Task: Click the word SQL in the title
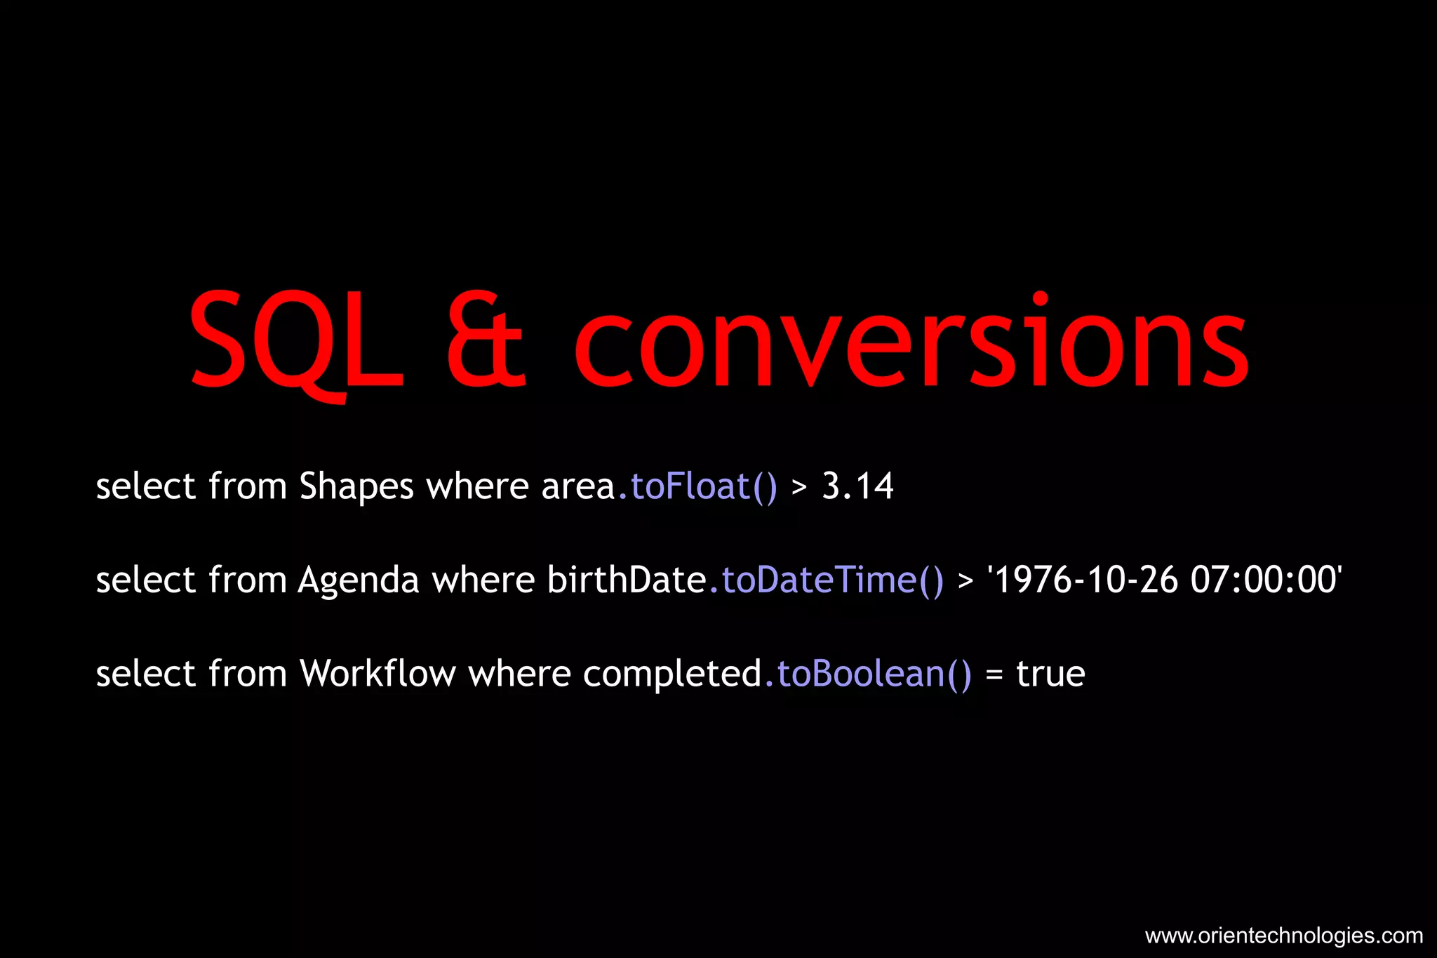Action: [x=296, y=341]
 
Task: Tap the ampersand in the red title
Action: [x=486, y=341]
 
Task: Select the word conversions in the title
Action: [x=911, y=341]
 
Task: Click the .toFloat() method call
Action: [x=697, y=486]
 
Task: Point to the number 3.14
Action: [x=857, y=486]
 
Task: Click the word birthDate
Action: [x=627, y=580]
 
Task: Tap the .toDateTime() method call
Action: [x=827, y=580]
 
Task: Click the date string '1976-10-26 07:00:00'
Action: [x=1164, y=580]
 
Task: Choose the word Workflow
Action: [x=377, y=674]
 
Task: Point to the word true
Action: [x=1050, y=674]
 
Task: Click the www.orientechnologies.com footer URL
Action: [x=1283, y=936]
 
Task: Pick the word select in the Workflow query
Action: [x=145, y=674]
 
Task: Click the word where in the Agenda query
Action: [x=483, y=580]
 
